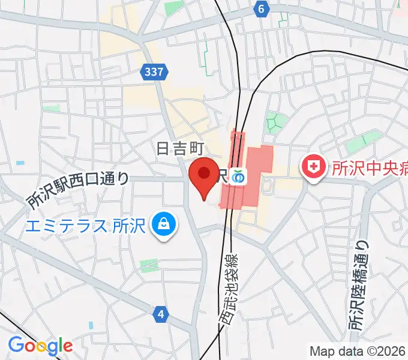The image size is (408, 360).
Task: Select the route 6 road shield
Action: (260, 9)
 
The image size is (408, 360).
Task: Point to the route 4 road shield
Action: (160, 313)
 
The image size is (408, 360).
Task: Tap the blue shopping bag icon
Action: (162, 226)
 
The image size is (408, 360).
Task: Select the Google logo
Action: (40, 346)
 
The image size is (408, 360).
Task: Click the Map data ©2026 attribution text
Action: (358, 351)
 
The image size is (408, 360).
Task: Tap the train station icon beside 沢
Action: (239, 176)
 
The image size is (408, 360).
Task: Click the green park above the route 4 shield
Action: (149, 265)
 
